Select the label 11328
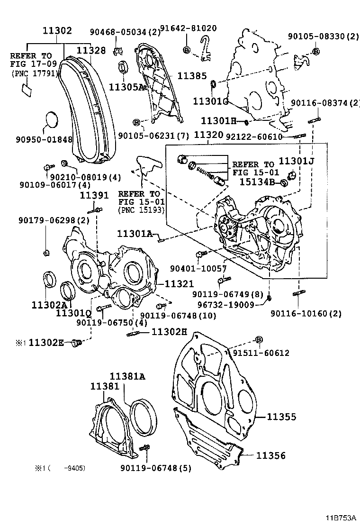[91, 50]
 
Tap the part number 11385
[192, 76]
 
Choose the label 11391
[94, 195]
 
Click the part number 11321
[179, 284]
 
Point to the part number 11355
[281, 417]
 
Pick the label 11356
[271, 455]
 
